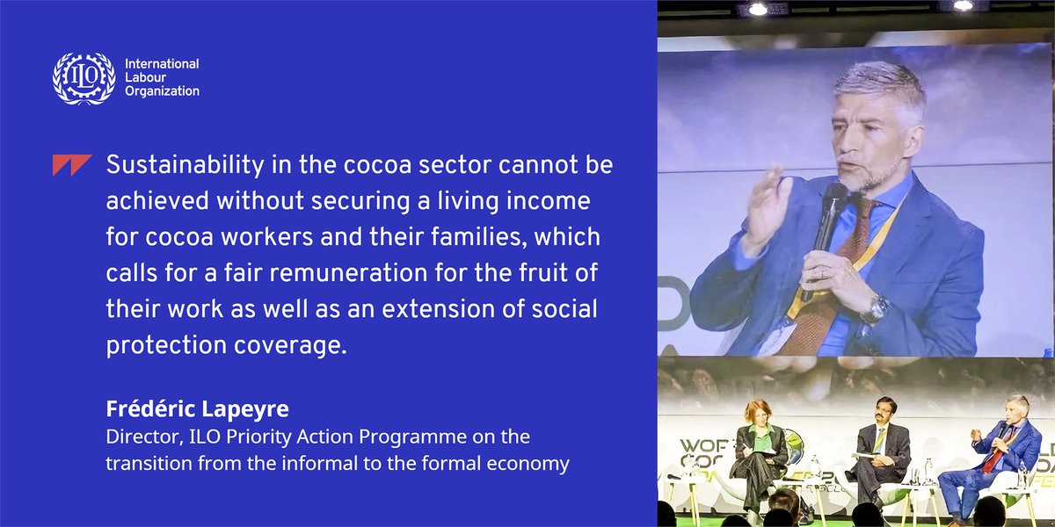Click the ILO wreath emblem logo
(x=84, y=77)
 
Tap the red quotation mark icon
(x=72, y=165)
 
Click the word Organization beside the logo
(x=162, y=91)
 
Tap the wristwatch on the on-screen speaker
(x=877, y=308)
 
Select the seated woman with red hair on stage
(x=757, y=444)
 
